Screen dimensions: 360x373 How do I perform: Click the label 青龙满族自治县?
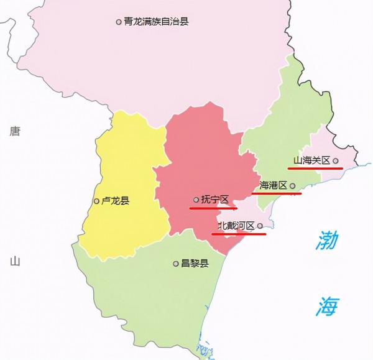[156, 22]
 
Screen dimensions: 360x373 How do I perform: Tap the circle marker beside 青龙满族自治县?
[119, 22]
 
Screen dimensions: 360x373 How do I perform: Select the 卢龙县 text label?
[116, 201]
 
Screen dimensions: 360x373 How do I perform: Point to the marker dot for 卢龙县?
[96, 201]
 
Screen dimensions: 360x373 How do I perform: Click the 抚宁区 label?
[215, 200]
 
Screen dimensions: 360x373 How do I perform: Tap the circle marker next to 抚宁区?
[196, 200]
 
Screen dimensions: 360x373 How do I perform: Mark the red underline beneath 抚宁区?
[213, 208]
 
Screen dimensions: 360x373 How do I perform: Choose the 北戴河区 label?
[236, 226]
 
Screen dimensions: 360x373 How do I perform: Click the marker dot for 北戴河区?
[260, 226]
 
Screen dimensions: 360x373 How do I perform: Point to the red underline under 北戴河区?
[239, 234]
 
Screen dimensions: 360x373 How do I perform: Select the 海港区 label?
[273, 185]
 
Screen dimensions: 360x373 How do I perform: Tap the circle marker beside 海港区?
[292, 185]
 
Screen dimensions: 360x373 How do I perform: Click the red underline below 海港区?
[277, 193]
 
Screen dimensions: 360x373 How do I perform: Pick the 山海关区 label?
[311, 161]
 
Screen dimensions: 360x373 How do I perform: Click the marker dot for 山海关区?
[336, 161]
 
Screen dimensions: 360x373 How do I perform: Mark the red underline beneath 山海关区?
[315, 168]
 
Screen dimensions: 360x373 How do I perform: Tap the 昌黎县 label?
[195, 264]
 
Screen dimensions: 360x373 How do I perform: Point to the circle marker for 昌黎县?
[175, 264]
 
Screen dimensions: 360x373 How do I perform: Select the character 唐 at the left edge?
[15, 131]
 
